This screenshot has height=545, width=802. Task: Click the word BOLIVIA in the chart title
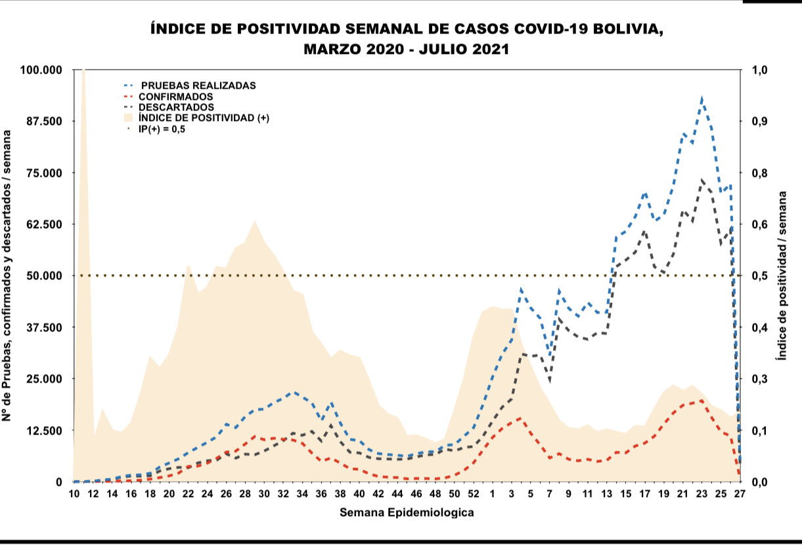pos(625,30)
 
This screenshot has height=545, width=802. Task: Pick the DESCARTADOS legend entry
pos(181,107)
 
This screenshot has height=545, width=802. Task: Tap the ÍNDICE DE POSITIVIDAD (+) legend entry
pos(208,118)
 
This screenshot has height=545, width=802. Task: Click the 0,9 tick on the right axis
pos(753,122)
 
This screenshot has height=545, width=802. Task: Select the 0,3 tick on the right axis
pos(753,379)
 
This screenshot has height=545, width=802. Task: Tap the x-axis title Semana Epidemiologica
pos(407,513)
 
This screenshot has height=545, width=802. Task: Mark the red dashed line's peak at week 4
pos(520,417)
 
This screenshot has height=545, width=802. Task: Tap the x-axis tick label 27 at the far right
pos(740,494)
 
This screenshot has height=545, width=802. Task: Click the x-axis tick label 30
pos(265,494)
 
